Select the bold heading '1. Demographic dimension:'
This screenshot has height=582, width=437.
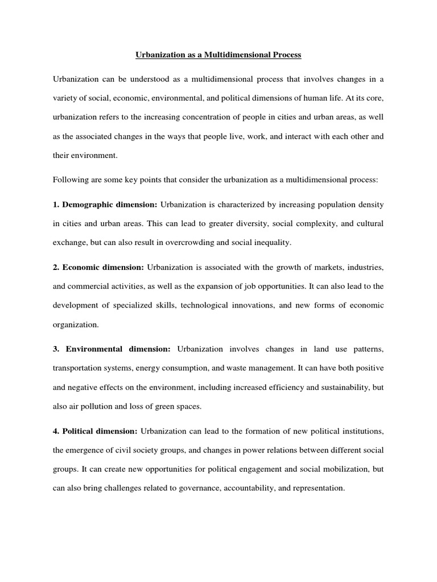(x=105, y=204)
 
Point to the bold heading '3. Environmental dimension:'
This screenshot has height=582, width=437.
(x=112, y=348)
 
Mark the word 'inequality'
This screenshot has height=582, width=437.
(x=272, y=242)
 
